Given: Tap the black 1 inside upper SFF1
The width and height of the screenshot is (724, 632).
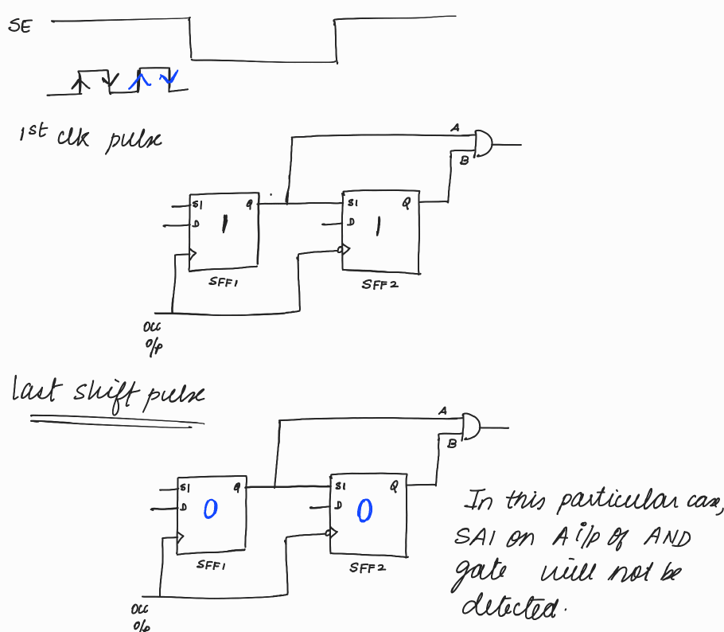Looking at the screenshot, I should [x=224, y=225].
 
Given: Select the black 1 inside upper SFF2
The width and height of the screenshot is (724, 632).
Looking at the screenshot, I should [x=378, y=225].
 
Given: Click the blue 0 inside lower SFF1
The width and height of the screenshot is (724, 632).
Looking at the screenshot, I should [x=210, y=509].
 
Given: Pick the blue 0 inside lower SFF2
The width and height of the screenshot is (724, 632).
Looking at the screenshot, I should [x=364, y=510].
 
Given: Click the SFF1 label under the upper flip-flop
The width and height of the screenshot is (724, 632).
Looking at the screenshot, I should [x=221, y=281].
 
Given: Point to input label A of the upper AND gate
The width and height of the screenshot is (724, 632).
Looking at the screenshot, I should [x=455, y=127].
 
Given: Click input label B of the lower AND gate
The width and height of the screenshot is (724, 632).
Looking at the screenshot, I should [x=451, y=443].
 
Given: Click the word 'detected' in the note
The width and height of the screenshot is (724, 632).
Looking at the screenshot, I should [x=509, y=608].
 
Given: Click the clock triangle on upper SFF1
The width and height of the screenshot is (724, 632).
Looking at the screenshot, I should [x=192, y=255].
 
